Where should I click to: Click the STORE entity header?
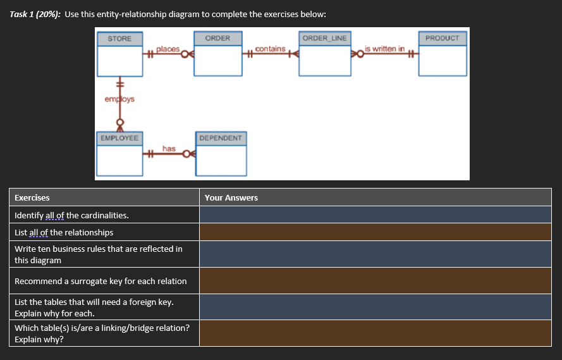119,39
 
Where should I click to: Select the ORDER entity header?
218,39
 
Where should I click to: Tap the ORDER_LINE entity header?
324,39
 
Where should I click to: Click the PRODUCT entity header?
442,39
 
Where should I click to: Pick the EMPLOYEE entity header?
119,138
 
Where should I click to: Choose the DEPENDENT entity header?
220,138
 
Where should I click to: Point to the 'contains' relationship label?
271,49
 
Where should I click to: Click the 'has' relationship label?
169,148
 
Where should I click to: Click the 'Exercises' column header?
32,197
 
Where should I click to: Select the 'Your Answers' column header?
231,197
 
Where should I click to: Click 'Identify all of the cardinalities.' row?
71,215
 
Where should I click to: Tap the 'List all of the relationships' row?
64,232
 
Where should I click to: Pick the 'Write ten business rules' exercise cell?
99,254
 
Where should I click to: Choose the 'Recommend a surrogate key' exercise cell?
101,281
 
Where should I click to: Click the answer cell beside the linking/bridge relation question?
375,333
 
